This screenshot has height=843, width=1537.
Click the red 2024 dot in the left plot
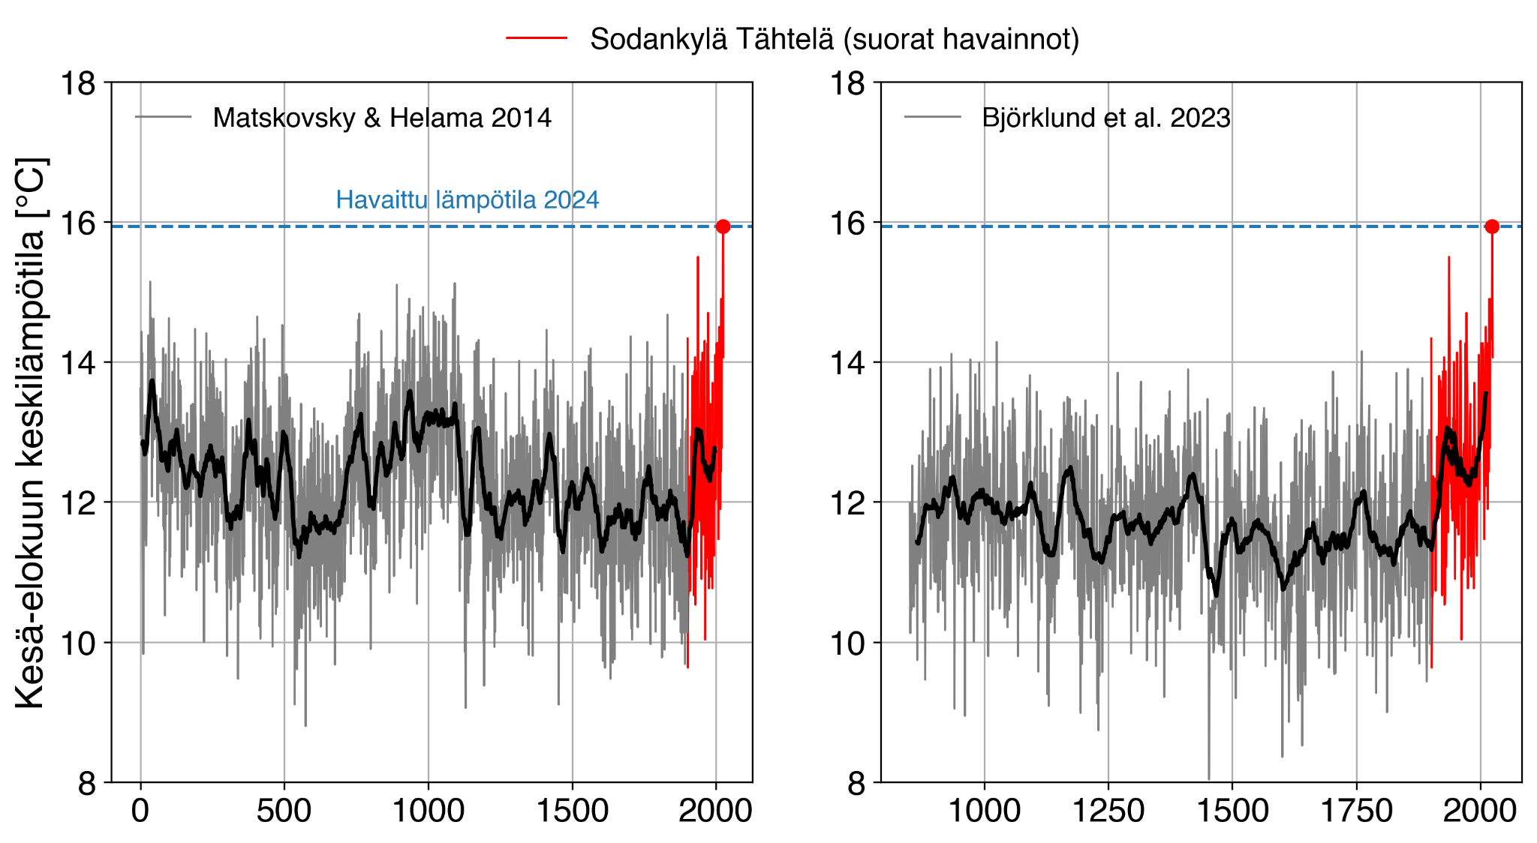723,226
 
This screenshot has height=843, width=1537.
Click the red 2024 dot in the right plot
1492,226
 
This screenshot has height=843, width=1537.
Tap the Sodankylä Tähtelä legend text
835,39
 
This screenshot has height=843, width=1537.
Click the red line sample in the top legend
537,38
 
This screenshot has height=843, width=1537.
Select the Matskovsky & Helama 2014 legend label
382,118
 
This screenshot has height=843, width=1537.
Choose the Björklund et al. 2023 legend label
1106,118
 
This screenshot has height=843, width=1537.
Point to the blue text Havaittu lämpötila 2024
467,199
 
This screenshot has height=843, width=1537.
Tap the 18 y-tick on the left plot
78,84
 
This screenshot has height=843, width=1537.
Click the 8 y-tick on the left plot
87,784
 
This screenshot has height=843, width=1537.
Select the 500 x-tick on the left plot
284,811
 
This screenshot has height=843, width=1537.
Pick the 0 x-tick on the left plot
140,811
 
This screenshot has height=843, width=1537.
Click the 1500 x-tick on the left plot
573,811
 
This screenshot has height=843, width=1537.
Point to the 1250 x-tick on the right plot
1108,811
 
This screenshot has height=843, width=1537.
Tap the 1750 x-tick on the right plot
1356,811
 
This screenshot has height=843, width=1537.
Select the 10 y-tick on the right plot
847,643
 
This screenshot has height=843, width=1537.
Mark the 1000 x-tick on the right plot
984,811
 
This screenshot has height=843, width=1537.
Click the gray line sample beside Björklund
932,117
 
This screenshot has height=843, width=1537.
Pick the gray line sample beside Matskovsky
163,117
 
